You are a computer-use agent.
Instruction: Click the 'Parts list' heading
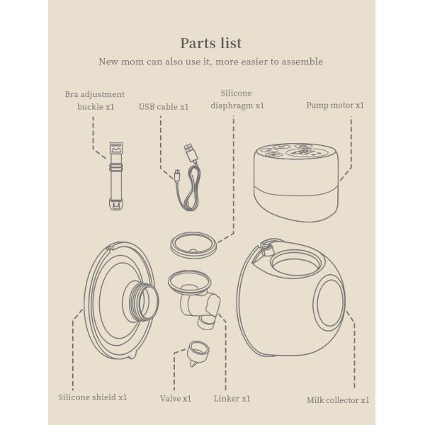pos(212,43)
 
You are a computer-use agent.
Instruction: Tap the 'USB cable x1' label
pos(164,107)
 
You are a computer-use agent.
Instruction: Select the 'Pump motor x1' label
pos(334,106)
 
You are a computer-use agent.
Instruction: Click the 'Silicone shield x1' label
pos(92,397)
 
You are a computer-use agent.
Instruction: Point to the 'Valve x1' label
pos(175,399)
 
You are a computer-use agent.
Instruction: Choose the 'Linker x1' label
pos(232,399)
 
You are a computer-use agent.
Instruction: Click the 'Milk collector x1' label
pos(338,400)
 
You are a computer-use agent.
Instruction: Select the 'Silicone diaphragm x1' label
pos(236,99)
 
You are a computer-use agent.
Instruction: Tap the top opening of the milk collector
pos(296,265)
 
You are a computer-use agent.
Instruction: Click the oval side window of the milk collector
pos(329,302)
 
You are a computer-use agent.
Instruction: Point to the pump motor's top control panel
pos(298,151)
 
